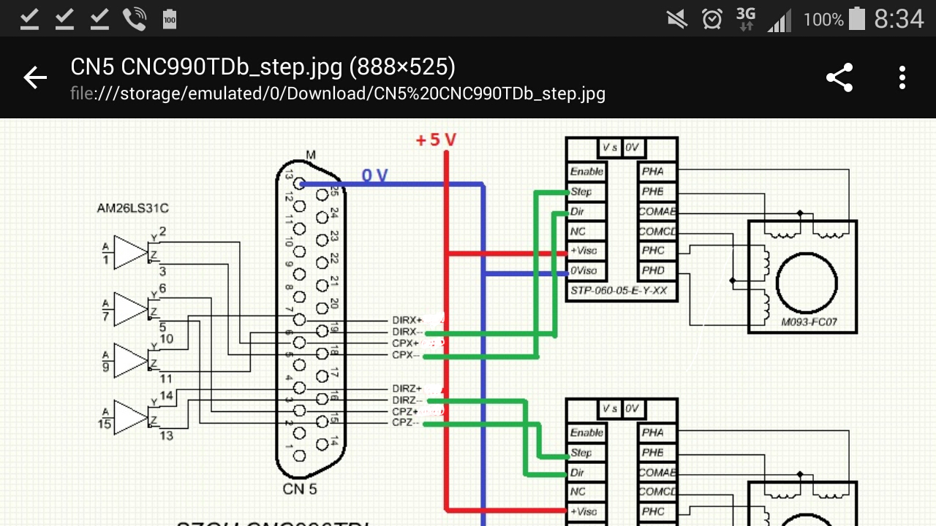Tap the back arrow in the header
[34, 77]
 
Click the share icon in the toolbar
[839, 77]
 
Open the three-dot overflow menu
[902, 77]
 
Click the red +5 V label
[436, 140]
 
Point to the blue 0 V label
[375, 175]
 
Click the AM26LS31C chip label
[132, 208]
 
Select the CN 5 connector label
[300, 489]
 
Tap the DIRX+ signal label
[407, 320]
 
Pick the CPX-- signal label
[406, 355]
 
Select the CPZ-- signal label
[406, 423]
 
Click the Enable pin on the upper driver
[587, 172]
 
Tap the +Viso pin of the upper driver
[584, 251]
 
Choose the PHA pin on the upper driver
[652, 172]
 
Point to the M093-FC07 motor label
[808, 321]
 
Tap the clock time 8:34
[899, 19]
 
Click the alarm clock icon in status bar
[712, 19]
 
